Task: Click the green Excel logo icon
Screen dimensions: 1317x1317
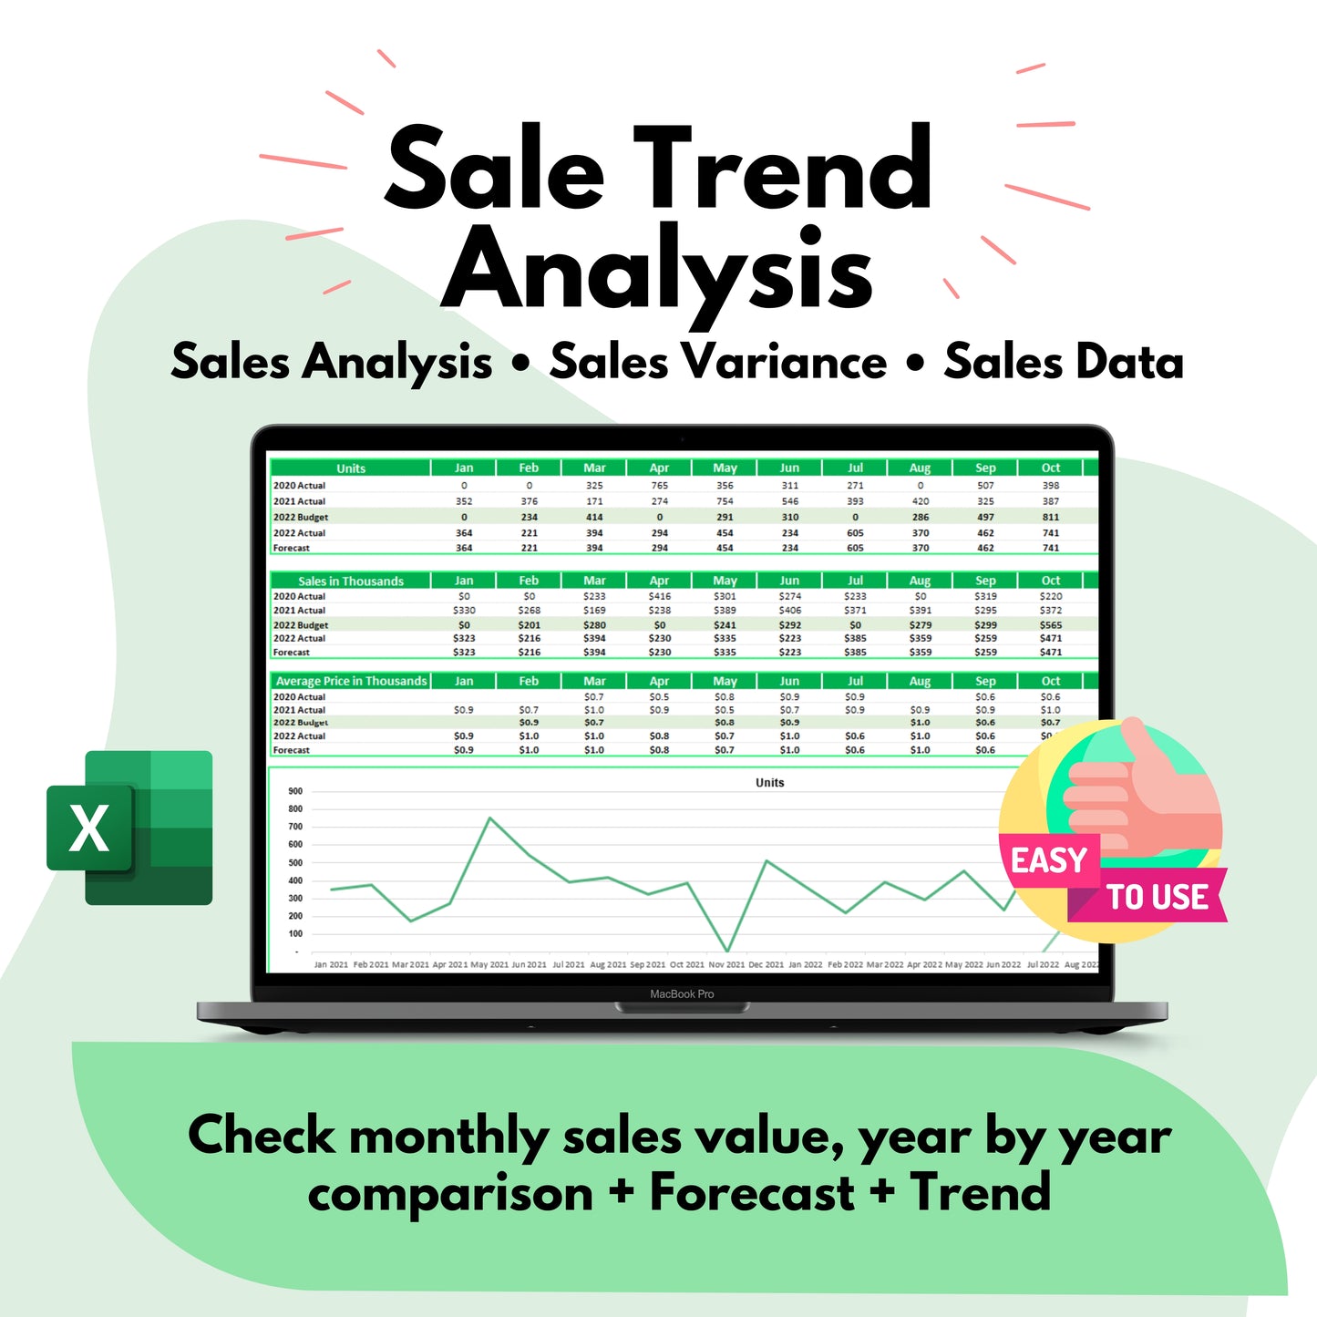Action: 129,828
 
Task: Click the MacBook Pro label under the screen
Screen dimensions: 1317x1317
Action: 682,994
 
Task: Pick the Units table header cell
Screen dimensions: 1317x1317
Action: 351,468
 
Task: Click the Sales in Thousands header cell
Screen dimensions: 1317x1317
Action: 351,581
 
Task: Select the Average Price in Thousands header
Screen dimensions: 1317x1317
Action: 351,681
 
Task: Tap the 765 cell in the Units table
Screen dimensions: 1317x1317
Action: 659,486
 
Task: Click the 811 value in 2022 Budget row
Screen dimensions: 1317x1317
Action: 1051,517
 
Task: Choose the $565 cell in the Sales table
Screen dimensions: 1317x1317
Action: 1051,625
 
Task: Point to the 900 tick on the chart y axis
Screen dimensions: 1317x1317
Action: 295,791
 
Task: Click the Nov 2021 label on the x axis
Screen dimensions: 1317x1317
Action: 726,964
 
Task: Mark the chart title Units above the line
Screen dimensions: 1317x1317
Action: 769,783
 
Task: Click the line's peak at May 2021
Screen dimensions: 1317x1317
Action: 490,818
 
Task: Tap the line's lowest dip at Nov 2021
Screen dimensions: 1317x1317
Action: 727,951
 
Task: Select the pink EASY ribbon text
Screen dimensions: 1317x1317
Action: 1048,860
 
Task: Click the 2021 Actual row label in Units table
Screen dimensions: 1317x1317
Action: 299,501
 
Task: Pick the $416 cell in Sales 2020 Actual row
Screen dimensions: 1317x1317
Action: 659,596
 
